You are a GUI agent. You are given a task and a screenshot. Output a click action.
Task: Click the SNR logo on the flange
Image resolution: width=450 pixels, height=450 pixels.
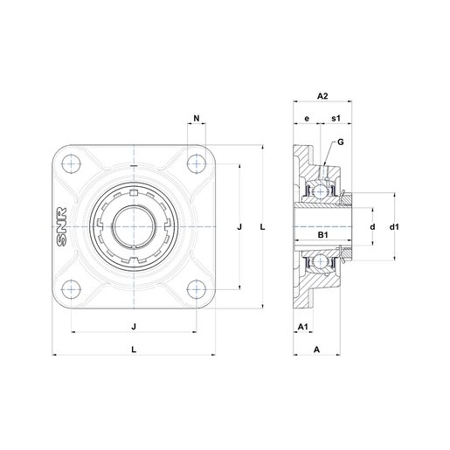point(62,226)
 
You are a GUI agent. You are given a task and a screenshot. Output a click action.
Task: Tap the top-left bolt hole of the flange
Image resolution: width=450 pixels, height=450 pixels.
point(72,164)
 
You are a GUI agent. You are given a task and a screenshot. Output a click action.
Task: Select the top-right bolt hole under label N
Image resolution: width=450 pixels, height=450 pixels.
point(197,164)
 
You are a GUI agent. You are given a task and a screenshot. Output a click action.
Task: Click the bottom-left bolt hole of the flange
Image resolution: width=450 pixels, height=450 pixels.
point(72,289)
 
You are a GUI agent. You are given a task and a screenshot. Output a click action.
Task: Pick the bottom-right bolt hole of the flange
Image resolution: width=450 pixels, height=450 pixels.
point(197,289)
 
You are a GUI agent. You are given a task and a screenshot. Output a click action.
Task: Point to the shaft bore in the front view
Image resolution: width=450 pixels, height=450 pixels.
point(134,226)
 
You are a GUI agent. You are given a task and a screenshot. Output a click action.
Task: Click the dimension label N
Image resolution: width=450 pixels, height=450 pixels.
point(197,119)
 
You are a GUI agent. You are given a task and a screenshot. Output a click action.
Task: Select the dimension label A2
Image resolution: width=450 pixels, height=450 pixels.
point(322,96)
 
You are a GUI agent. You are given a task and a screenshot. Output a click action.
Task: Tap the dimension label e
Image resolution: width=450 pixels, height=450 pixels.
point(307,119)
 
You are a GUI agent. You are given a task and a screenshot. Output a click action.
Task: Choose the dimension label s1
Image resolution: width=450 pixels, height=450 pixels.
point(336,118)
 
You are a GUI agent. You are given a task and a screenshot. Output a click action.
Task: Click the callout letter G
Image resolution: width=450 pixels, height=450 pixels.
point(341,142)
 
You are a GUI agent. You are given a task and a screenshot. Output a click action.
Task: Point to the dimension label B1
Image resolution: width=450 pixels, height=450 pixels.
point(322,234)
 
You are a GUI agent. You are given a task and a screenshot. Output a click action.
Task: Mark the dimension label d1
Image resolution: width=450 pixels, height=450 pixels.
point(394,226)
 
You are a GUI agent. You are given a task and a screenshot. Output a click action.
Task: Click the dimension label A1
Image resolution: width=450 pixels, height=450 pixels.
point(303,327)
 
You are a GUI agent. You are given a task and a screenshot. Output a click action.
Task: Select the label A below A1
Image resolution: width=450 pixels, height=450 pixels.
point(316,350)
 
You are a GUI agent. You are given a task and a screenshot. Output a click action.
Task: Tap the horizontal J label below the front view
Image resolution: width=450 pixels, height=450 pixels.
point(134,327)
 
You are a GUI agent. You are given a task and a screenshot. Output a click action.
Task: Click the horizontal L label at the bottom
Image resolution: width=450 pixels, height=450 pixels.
point(134,350)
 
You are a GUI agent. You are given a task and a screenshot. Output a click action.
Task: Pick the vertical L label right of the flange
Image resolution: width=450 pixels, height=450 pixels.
point(263,226)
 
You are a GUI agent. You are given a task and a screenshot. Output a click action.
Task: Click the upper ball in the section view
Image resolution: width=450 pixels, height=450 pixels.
point(321,191)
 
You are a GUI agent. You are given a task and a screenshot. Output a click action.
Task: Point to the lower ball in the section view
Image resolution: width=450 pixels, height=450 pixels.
point(321,261)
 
